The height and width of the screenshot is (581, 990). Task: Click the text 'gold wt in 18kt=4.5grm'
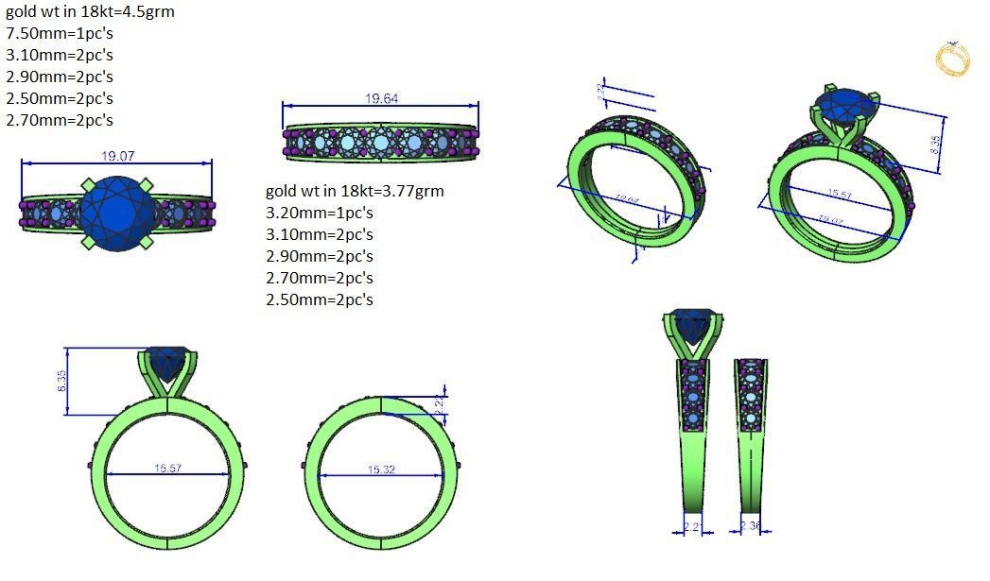(90, 12)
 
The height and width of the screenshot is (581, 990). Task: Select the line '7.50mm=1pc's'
(59, 34)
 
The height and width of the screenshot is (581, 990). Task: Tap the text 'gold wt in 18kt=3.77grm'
(355, 192)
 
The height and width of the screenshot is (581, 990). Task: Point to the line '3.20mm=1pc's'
(320, 214)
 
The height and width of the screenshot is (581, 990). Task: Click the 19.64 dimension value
(381, 99)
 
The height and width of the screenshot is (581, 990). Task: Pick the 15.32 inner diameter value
(381, 470)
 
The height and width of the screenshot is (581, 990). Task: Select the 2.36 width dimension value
(751, 526)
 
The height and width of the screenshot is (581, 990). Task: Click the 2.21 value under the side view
(692, 526)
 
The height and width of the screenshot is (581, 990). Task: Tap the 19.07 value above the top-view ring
(116, 156)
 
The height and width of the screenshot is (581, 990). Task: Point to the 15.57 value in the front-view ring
(167, 469)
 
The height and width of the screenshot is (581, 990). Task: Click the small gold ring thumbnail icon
(952, 59)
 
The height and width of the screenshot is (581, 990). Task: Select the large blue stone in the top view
(116, 213)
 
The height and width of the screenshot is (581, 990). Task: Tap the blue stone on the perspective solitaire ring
(844, 105)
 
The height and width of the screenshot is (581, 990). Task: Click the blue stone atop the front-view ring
(168, 363)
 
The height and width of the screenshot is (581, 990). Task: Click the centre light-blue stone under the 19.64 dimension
(381, 143)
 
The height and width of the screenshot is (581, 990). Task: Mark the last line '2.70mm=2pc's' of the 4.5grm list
(59, 120)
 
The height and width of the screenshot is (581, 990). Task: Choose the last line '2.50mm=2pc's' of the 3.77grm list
(320, 299)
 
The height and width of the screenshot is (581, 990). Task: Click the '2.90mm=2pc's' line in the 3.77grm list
(320, 257)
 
